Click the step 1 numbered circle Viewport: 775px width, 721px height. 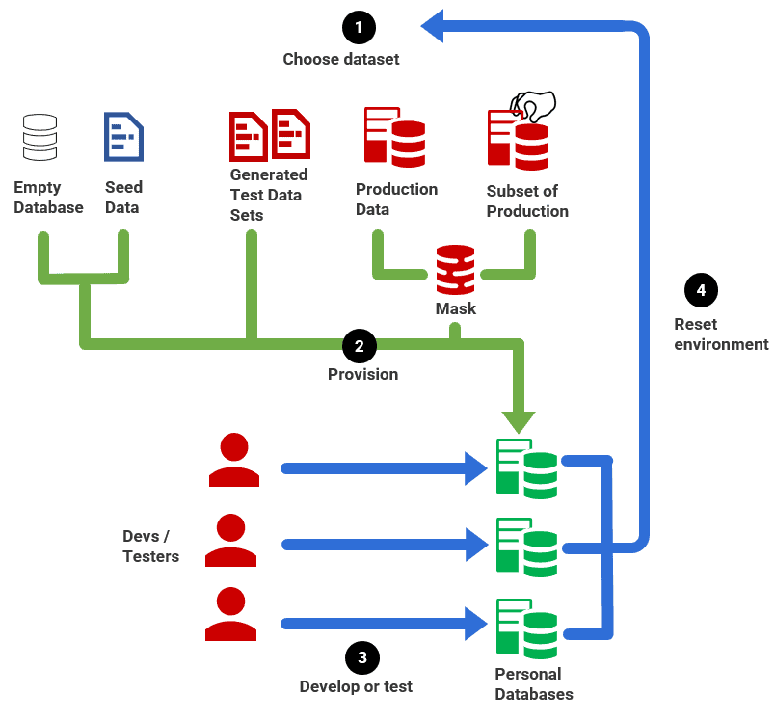click(359, 27)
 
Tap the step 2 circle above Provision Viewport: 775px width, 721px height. click(359, 345)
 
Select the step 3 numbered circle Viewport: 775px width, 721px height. click(361, 658)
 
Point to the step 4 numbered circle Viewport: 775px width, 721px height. click(701, 290)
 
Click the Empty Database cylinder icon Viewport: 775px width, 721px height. click(40, 137)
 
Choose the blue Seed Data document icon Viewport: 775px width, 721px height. click(123, 137)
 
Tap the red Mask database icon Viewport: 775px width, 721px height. click(455, 270)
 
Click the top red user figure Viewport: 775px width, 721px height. click(233, 460)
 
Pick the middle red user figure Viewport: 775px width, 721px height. click(231, 540)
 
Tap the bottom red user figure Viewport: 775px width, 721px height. click(231, 615)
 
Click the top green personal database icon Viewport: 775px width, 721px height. click(525, 468)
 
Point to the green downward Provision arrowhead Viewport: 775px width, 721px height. click(521, 417)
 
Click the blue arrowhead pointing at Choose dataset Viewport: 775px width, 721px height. click(434, 26)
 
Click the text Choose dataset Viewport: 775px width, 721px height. click(340, 60)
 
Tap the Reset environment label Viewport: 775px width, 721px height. click(721, 334)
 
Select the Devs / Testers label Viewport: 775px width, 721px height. click(150, 547)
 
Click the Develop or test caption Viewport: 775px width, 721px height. click(356, 687)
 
